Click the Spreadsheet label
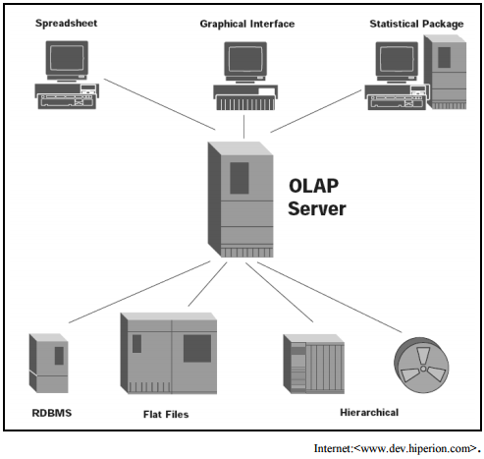point(66,24)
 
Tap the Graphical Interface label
point(247,24)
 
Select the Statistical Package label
point(416,24)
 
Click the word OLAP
point(313,186)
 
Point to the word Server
point(317,208)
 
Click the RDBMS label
point(52,413)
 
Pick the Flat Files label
point(166,414)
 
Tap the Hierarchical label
point(369,412)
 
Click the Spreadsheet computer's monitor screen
point(67,58)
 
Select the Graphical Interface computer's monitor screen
point(245,59)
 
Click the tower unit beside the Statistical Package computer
point(446,72)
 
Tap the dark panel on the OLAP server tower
point(240,178)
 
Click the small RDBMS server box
point(48,363)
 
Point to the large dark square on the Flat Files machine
point(197,348)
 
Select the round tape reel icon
point(421,366)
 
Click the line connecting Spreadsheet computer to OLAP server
point(160,104)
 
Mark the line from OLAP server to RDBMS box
point(139,292)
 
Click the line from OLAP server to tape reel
point(330,297)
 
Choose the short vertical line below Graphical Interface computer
point(243,127)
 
